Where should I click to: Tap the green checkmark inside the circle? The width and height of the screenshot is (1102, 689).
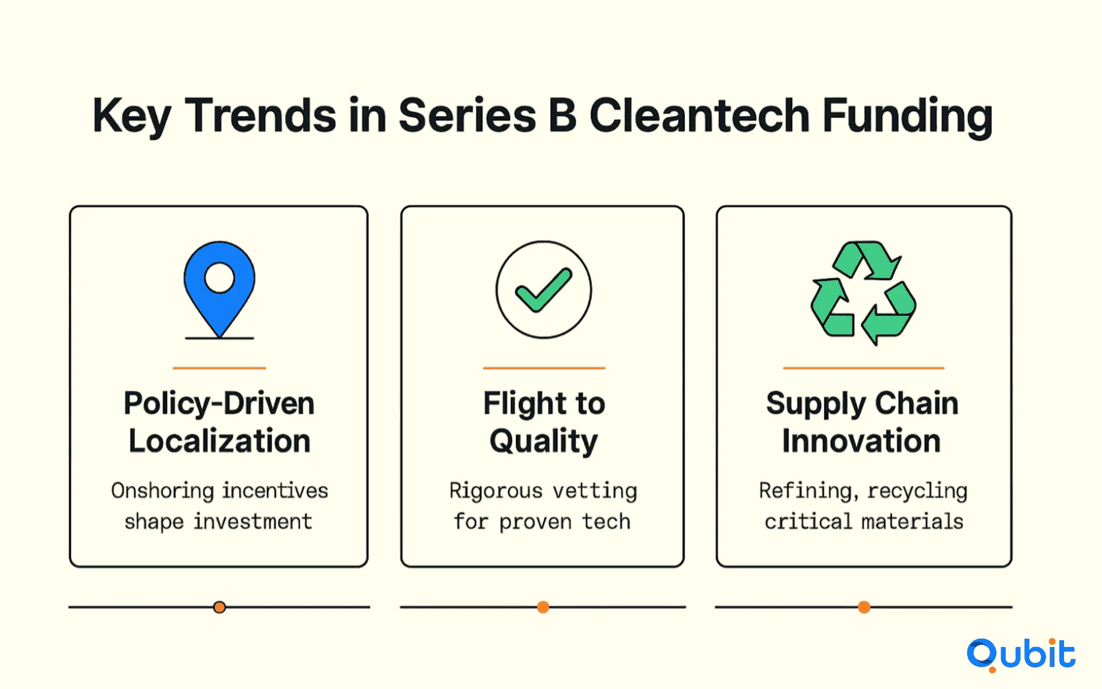tap(543, 290)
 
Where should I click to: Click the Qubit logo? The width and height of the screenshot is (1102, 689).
tap(1021, 655)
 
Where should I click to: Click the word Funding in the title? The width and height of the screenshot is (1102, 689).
tap(908, 117)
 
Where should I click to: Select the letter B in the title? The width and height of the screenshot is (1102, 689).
tap(562, 115)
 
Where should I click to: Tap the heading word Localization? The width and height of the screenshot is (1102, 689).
tap(219, 441)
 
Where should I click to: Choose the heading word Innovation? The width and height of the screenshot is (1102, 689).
tap(862, 441)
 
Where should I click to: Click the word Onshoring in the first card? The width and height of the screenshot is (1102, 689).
tap(163, 491)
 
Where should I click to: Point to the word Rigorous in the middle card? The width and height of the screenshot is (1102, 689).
tap(496, 491)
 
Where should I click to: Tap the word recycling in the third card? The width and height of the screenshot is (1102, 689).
tap(917, 491)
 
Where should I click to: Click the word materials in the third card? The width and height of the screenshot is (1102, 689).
tap(912, 521)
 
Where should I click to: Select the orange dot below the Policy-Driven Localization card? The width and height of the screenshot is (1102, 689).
tap(219, 607)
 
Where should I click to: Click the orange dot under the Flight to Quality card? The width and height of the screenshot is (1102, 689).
tap(543, 607)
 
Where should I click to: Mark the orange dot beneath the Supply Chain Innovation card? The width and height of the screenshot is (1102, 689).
tap(864, 607)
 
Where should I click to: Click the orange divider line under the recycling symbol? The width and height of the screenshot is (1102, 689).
tap(864, 368)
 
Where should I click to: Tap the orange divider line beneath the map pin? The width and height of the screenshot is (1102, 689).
tap(219, 368)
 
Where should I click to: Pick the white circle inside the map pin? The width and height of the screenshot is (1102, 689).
tap(219, 278)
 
